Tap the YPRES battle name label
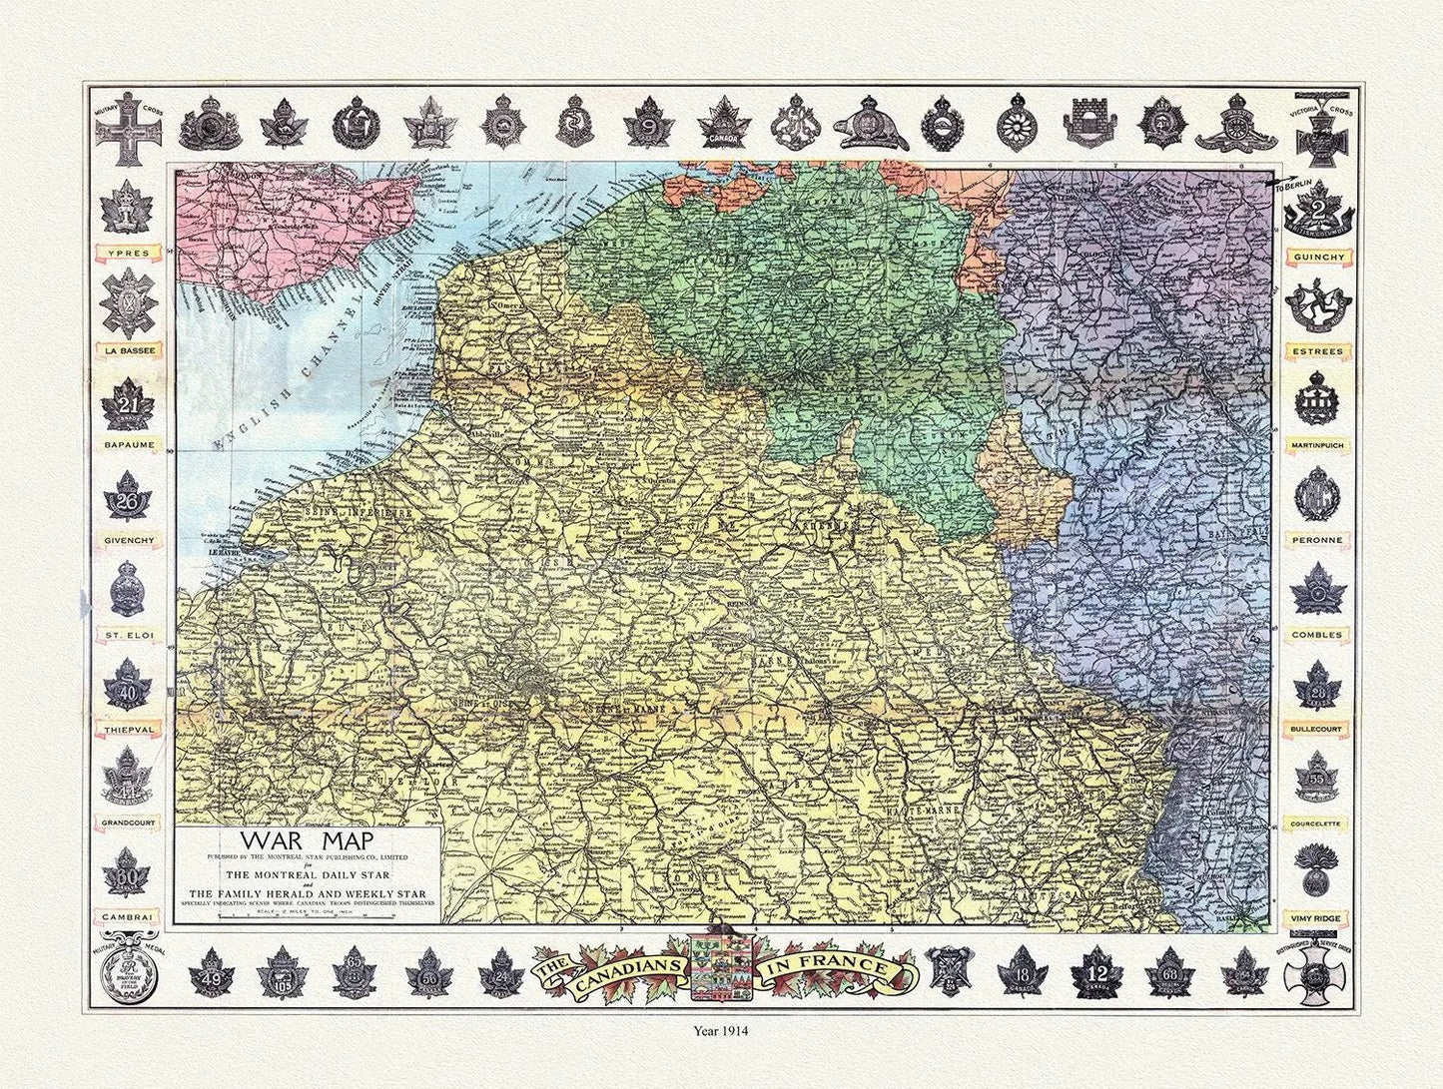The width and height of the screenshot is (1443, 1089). (127, 254)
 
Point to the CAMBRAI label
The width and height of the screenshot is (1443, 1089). (127, 915)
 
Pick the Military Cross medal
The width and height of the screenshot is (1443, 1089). (127, 129)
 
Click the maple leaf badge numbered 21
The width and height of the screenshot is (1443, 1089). (127, 404)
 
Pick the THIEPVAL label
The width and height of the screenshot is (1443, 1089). (127, 729)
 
